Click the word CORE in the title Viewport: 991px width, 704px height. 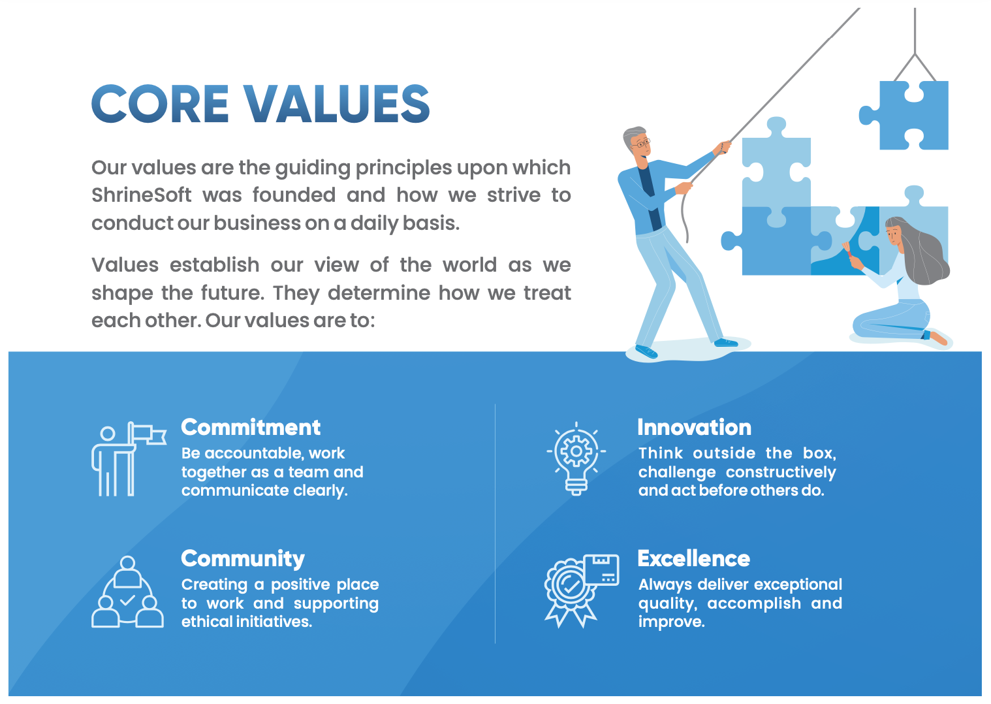tap(160, 104)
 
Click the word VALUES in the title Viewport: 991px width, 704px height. tap(337, 104)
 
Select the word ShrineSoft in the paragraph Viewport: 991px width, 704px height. tap(142, 195)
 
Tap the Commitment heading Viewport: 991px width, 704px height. tap(251, 428)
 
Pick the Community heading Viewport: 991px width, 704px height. tap(243, 559)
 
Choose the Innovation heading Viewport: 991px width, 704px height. tap(694, 428)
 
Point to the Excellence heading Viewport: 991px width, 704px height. tap(694, 558)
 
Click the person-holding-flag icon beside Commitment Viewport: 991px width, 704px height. tap(129, 458)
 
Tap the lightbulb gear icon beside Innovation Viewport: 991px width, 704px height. tap(576, 458)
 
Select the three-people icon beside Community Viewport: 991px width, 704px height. tap(127, 591)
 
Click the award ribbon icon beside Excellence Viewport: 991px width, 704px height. tap(581, 590)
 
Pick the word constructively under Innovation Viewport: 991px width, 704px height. tap(781, 473)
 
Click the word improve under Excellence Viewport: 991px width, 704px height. tap(671, 622)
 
